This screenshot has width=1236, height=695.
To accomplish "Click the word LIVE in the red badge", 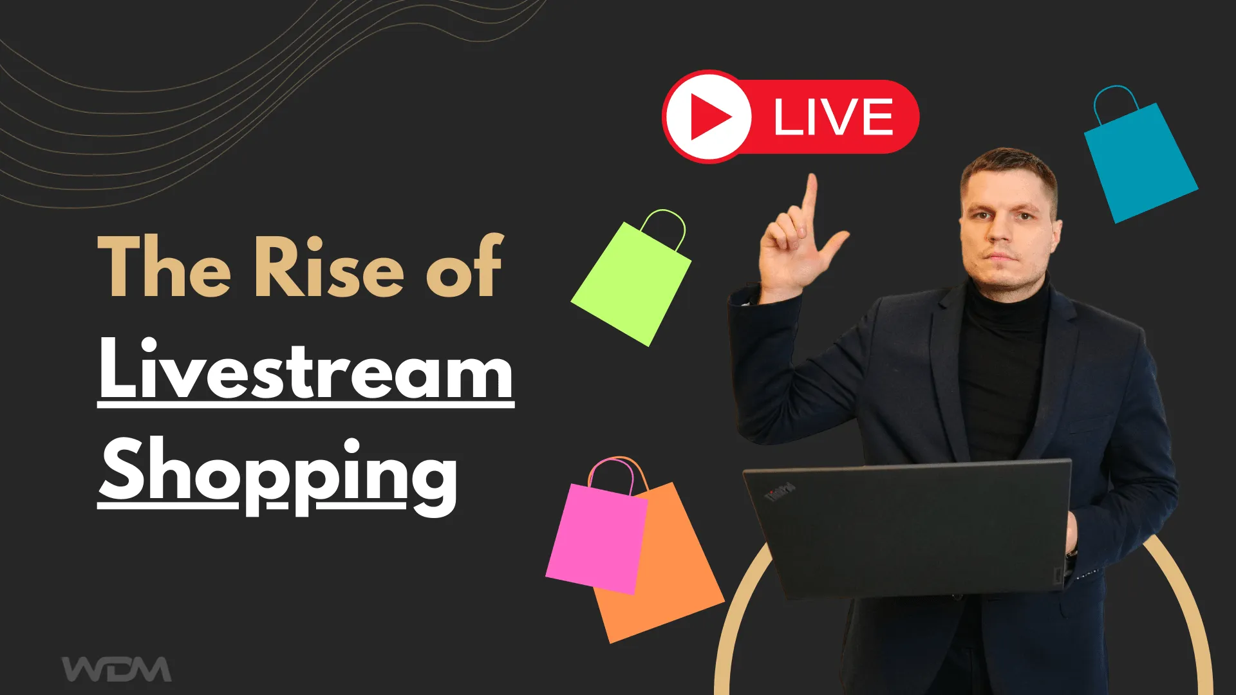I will click(x=833, y=117).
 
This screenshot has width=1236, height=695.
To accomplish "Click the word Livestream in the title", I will click(x=306, y=370).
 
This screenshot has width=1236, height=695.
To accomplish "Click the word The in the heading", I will click(x=164, y=267).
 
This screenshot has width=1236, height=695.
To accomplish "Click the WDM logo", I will click(x=117, y=669).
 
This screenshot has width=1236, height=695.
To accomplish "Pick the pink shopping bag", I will click(x=595, y=537).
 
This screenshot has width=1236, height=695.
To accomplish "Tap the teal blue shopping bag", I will click(x=1139, y=164).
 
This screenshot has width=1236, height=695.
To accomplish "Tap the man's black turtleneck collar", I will click(x=1007, y=309).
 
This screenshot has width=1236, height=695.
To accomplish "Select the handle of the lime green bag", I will click(x=664, y=225).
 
